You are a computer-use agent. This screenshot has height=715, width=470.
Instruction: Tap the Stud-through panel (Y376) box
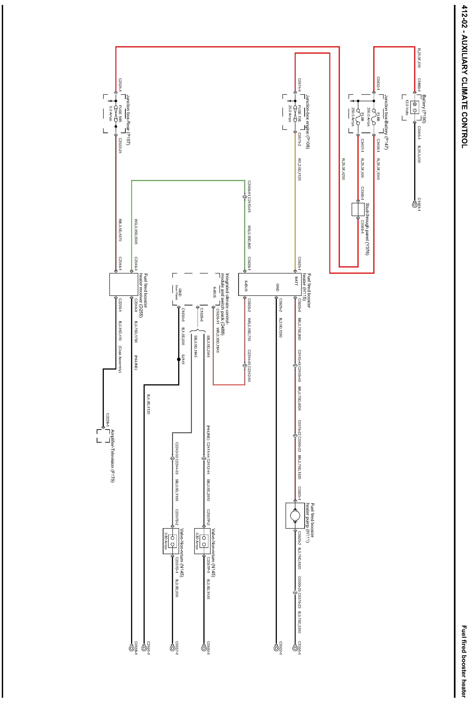pos(358,209)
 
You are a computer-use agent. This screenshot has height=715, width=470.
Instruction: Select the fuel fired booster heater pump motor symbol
pos(295,516)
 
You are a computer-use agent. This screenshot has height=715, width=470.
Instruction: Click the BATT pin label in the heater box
pos(296,281)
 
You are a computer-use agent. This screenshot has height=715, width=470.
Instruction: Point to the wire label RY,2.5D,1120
pos(299,169)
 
